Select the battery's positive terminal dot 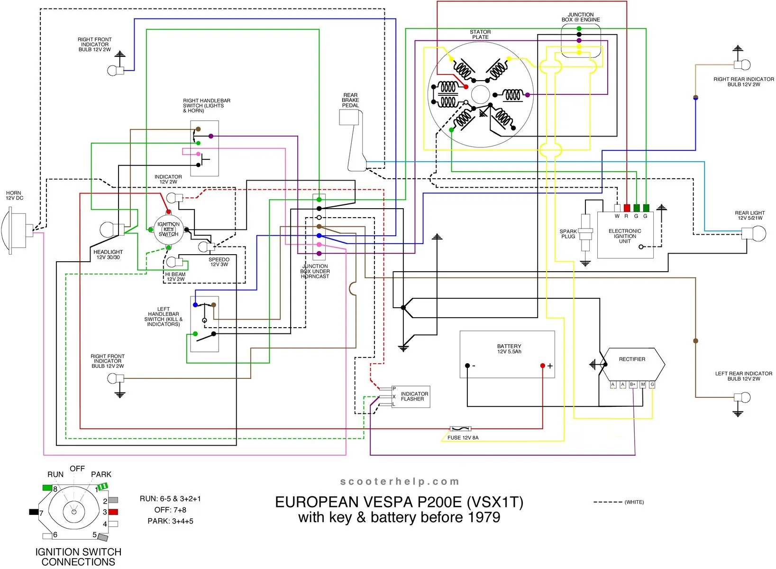(x=543, y=366)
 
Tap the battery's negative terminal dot (x=467, y=366)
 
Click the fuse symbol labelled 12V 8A (x=460, y=429)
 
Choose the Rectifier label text (x=632, y=359)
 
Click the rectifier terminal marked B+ (x=632, y=385)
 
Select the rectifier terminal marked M (x=643, y=385)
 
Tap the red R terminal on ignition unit (x=627, y=208)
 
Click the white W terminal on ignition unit (x=617, y=208)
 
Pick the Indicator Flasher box (x=411, y=396)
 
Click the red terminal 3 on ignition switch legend (x=113, y=512)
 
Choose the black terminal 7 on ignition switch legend (x=34, y=512)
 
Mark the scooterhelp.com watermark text (x=400, y=482)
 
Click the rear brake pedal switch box (x=349, y=117)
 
